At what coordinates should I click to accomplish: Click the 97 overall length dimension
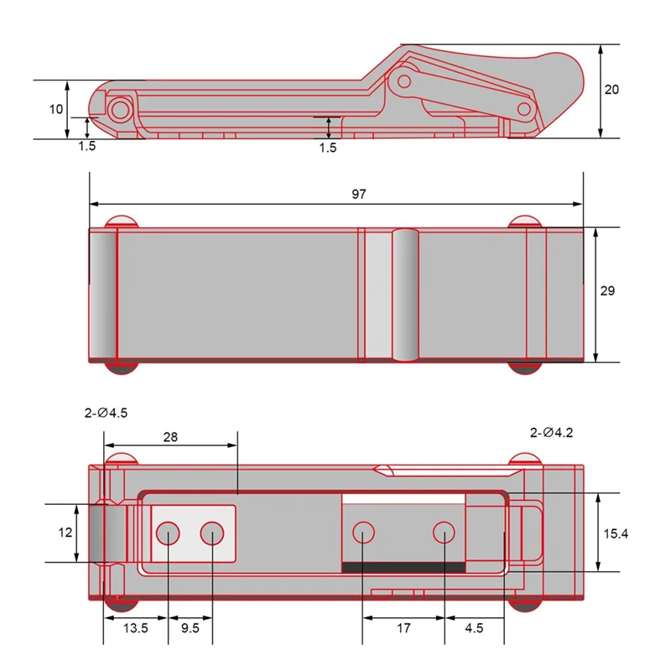click(x=359, y=194)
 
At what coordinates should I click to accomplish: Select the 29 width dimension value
click(x=608, y=291)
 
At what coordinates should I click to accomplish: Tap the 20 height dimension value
click(x=611, y=90)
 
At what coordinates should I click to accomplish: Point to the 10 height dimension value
click(x=55, y=110)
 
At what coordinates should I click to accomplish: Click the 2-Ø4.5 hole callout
click(x=106, y=413)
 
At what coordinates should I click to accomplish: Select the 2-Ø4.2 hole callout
click(x=551, y=433)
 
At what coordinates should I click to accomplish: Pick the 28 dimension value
click(x=170, y=438)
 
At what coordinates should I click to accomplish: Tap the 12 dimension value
click(x=65, y=533)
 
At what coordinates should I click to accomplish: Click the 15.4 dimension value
click(x=614, y=533)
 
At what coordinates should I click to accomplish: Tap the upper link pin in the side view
click(x=404, y=81)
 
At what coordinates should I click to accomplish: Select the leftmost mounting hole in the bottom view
click(x=168, y=533)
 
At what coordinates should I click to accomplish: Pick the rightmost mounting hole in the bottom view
click(x=444, y=532)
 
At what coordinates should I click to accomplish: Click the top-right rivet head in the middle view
click(x=525, y=221)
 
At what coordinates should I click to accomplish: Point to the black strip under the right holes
click(x=403, y=567)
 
